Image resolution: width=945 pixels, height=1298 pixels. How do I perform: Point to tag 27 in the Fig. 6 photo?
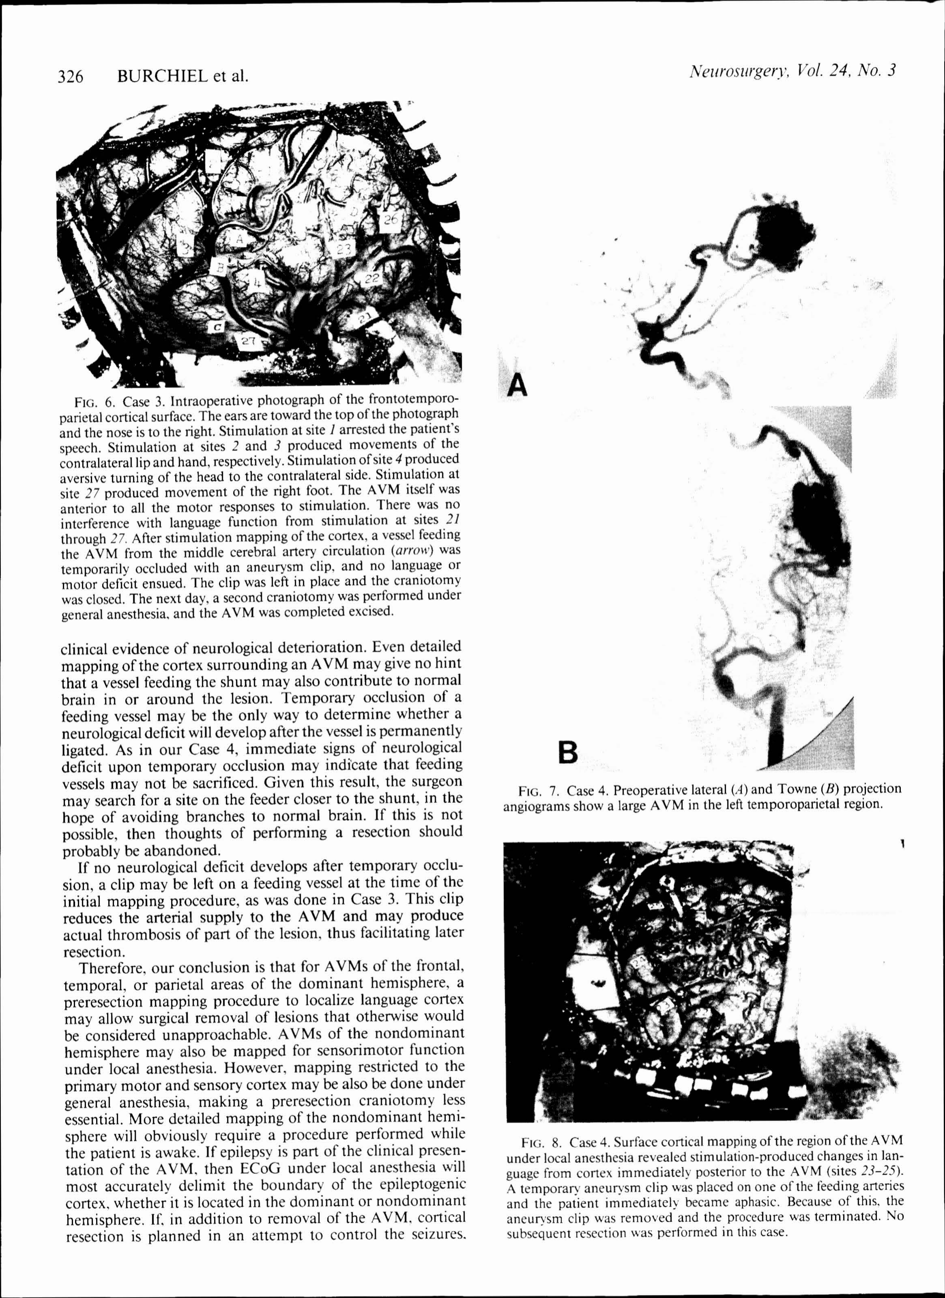click(x=247, y=342)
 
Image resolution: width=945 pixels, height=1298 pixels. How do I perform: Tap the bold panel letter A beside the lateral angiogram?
click(x=518, y=385)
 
